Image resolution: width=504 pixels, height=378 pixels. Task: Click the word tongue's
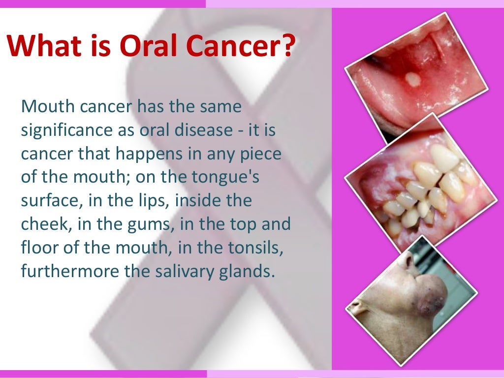tap(224, 178)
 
